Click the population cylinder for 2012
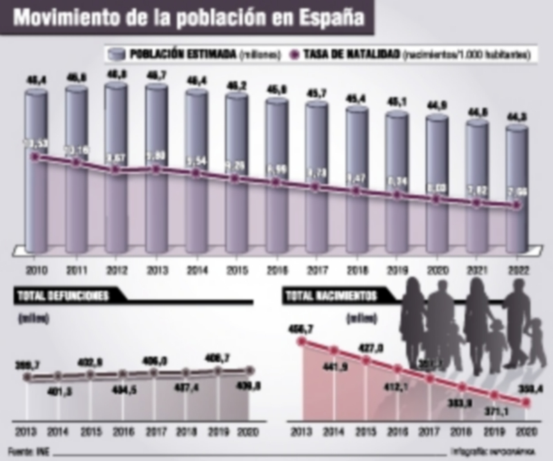115,166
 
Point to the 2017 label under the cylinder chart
317,270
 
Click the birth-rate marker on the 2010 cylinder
35,157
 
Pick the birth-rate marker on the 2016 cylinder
276,182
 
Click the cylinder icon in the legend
116,54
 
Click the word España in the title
326,17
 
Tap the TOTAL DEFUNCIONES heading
62,296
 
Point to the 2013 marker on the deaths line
28,377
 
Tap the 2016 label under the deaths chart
122,434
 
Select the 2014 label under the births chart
332,434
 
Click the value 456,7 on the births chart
301,326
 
